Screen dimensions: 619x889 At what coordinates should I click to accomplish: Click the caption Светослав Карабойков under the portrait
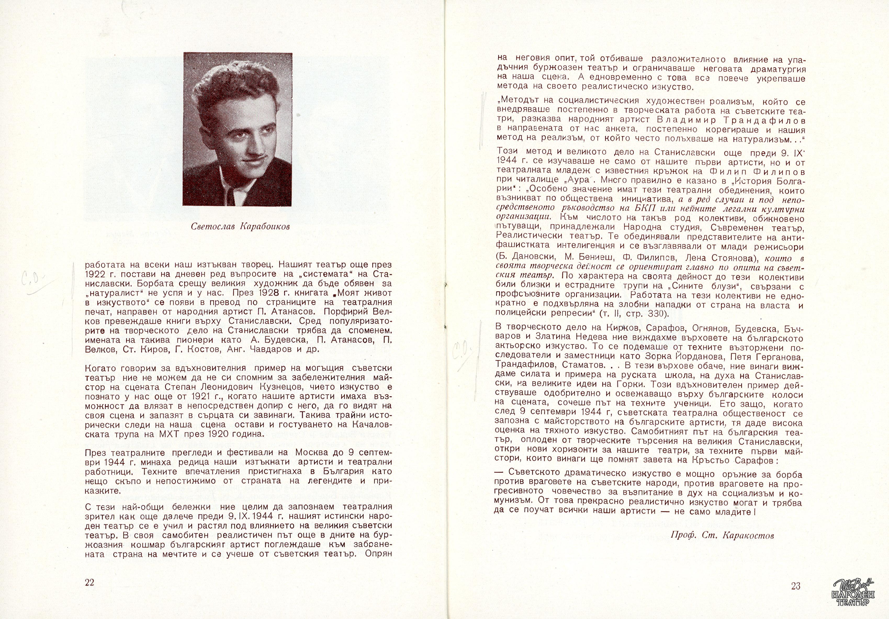pos(240,227)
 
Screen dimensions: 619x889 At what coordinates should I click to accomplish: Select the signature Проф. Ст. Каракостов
pos(722,536)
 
